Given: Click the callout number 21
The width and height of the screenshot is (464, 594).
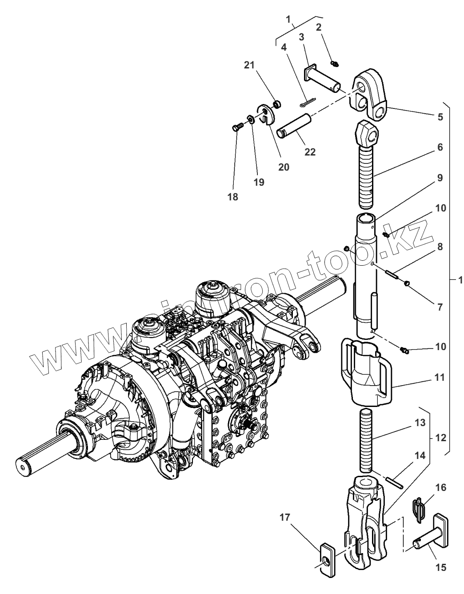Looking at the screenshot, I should tap(249, 66).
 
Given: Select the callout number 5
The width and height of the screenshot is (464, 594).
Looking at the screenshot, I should tap(440, 117).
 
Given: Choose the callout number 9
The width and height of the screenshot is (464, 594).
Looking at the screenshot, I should tap(440, 178).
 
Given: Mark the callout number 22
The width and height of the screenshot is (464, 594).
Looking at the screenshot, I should tap(310, 151).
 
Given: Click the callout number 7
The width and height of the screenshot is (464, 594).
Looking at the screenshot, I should tap(440, 307).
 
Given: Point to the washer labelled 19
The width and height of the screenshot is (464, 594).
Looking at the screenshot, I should tap(251, 119).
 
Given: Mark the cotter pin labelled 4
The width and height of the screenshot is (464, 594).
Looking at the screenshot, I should tap(305, 102).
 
